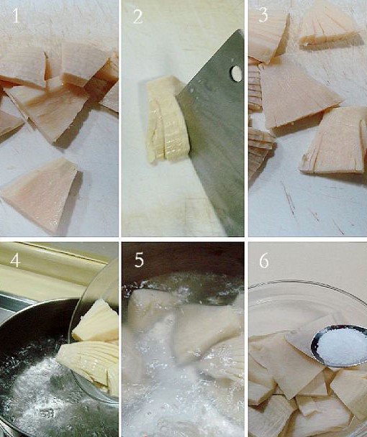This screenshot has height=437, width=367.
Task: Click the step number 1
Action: tap(16, 16)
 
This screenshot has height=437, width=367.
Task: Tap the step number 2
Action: tap(138, 16)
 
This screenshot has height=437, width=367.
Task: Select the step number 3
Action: tap(263, 15)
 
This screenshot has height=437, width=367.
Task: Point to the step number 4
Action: tap(15, 261)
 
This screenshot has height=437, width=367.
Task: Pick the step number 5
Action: tap(139, 260)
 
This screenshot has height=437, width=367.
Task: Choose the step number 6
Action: tap(264, 261)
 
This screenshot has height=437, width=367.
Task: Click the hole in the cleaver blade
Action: tap(236, 73)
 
